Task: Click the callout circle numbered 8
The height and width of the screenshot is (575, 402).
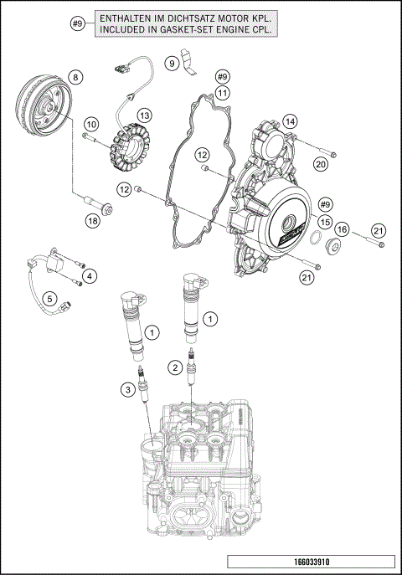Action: tap(75, 78)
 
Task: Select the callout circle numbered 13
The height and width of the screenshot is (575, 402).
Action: tap(144, 115)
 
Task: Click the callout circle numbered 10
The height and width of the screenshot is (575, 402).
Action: tap(92, 124)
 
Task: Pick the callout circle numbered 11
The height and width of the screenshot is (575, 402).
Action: tap(222, 92)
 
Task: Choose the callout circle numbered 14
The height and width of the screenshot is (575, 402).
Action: tap(290, 121)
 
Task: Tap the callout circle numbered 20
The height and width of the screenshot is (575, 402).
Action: tap(321, 164)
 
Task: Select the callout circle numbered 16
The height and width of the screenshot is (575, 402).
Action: tap(343, 229)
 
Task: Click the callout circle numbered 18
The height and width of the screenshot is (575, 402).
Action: tap(92, 220)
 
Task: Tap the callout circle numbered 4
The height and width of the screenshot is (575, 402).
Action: tap(90, 275)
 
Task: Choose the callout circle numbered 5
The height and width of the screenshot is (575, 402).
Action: tap(50, 297)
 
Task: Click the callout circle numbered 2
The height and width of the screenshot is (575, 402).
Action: tap(175, 367)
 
